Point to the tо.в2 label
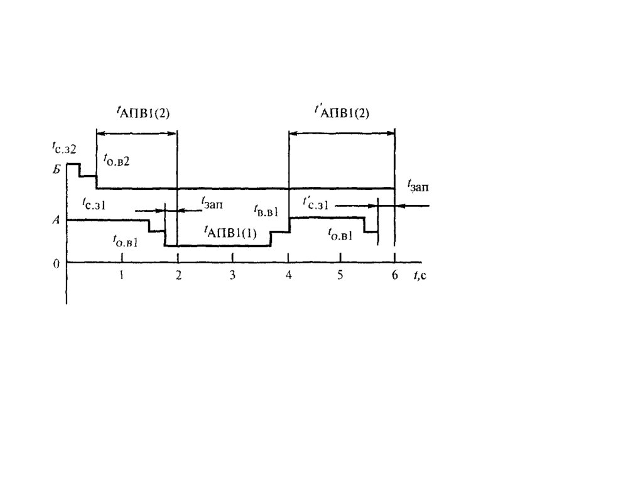coord(117,161)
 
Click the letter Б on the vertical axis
coord(56,169)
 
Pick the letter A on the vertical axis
coord(56,220)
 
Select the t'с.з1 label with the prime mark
coord(316,204)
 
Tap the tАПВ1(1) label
coord(230,231)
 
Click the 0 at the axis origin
coord(56,264)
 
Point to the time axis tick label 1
coord(122,275)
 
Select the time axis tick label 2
coord(178,275)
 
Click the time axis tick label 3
coord(232,275)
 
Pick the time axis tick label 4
coord(288,275)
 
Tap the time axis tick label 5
coord(340,275)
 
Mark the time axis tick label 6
coord(395,275)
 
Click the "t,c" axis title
coord(419,275)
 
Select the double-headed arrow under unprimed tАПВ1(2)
coord(137,132)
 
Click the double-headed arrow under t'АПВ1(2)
coord(342,132)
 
